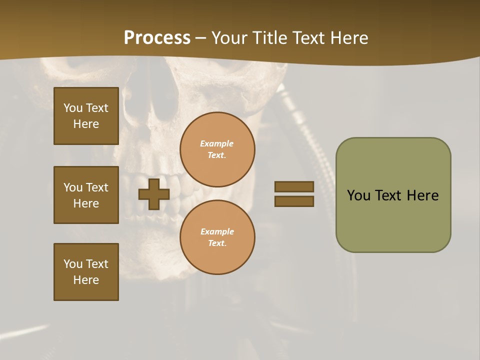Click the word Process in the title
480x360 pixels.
click(157, 38)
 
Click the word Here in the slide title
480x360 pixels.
click(347, 38)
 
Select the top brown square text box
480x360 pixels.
click(86, 116)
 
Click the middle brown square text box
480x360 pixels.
click(86, 195)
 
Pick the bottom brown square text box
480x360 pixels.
click(86, 272)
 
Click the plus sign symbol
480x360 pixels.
click(154, 194)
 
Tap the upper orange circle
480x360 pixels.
click(217, 149)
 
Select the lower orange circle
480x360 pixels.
click(217, 237)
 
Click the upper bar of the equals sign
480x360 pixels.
click(294, 187)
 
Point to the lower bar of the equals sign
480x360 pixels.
click(294, 201)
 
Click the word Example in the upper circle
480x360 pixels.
click(217, 143)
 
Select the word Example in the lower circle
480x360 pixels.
click(217, 231)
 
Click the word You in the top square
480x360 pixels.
click(73, 108)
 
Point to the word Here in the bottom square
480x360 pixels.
click(86, 280)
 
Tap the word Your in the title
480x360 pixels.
click(229, 38)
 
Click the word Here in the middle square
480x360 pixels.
click(86, 203)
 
